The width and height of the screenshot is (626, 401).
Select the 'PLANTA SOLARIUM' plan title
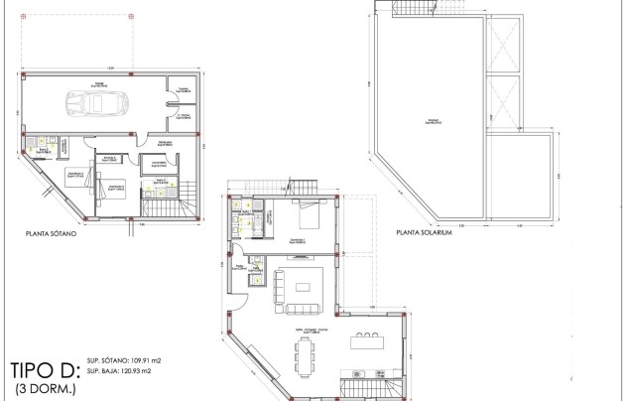point(425,235)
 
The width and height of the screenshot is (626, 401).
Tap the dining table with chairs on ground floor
point(302,349)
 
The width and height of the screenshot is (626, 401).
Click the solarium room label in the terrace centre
point(434,121)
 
